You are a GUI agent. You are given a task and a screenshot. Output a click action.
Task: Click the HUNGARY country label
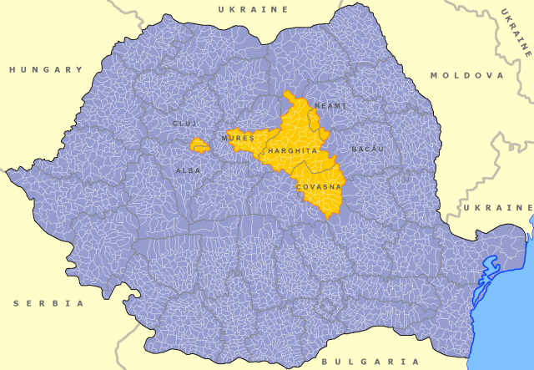click(x=46, y=69)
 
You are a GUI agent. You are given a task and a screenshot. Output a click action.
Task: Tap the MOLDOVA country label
click(x=467, y=75)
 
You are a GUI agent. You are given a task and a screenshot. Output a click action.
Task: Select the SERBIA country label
click(x=48, y=303)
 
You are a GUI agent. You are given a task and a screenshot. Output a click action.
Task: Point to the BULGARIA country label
click(x=370, y=362)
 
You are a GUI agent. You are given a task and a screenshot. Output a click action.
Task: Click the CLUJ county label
click(x=184, y=123)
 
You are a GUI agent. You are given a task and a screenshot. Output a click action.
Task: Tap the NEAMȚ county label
click(x=330, y=106)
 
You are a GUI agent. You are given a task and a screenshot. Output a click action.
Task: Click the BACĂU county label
click(x=367, y=148)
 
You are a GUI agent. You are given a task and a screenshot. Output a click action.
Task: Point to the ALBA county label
click(x=188, y=170)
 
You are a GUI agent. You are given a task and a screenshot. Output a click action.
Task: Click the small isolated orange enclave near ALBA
click(x=199, y=145)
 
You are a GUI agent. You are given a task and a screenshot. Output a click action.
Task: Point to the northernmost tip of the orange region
click(x=286, y=93)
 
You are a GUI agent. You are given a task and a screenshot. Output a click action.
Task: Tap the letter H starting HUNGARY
click(x=13, y=69)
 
